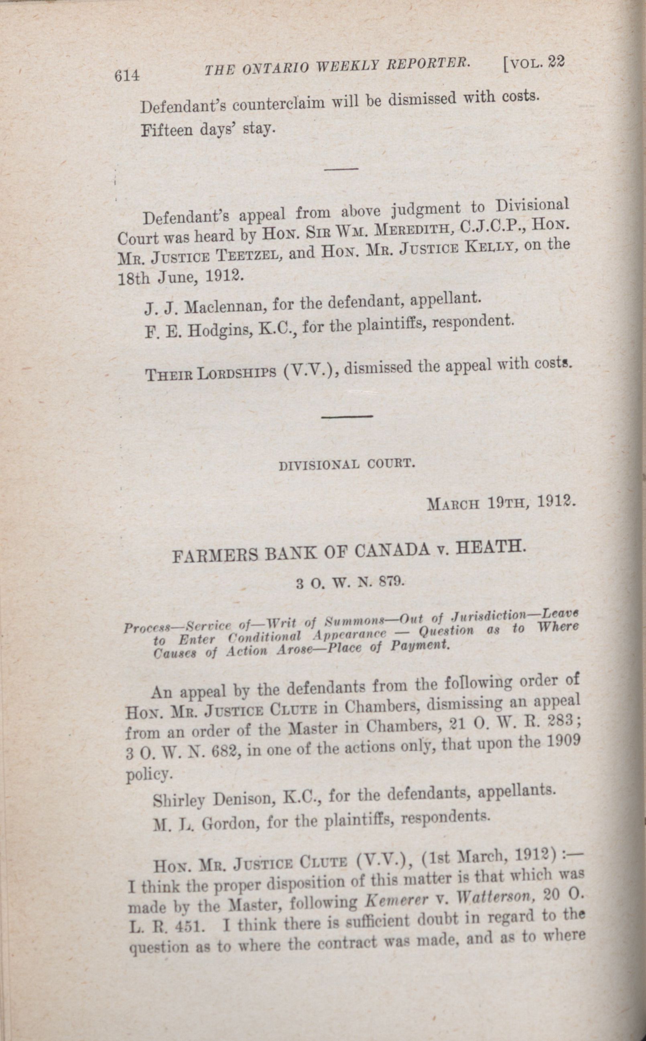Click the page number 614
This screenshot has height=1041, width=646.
tap(127, 75)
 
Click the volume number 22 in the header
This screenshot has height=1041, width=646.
tap(557, 62)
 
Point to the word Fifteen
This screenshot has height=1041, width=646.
tap(167, 130)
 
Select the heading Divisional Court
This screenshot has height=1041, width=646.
tap(347, 464)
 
